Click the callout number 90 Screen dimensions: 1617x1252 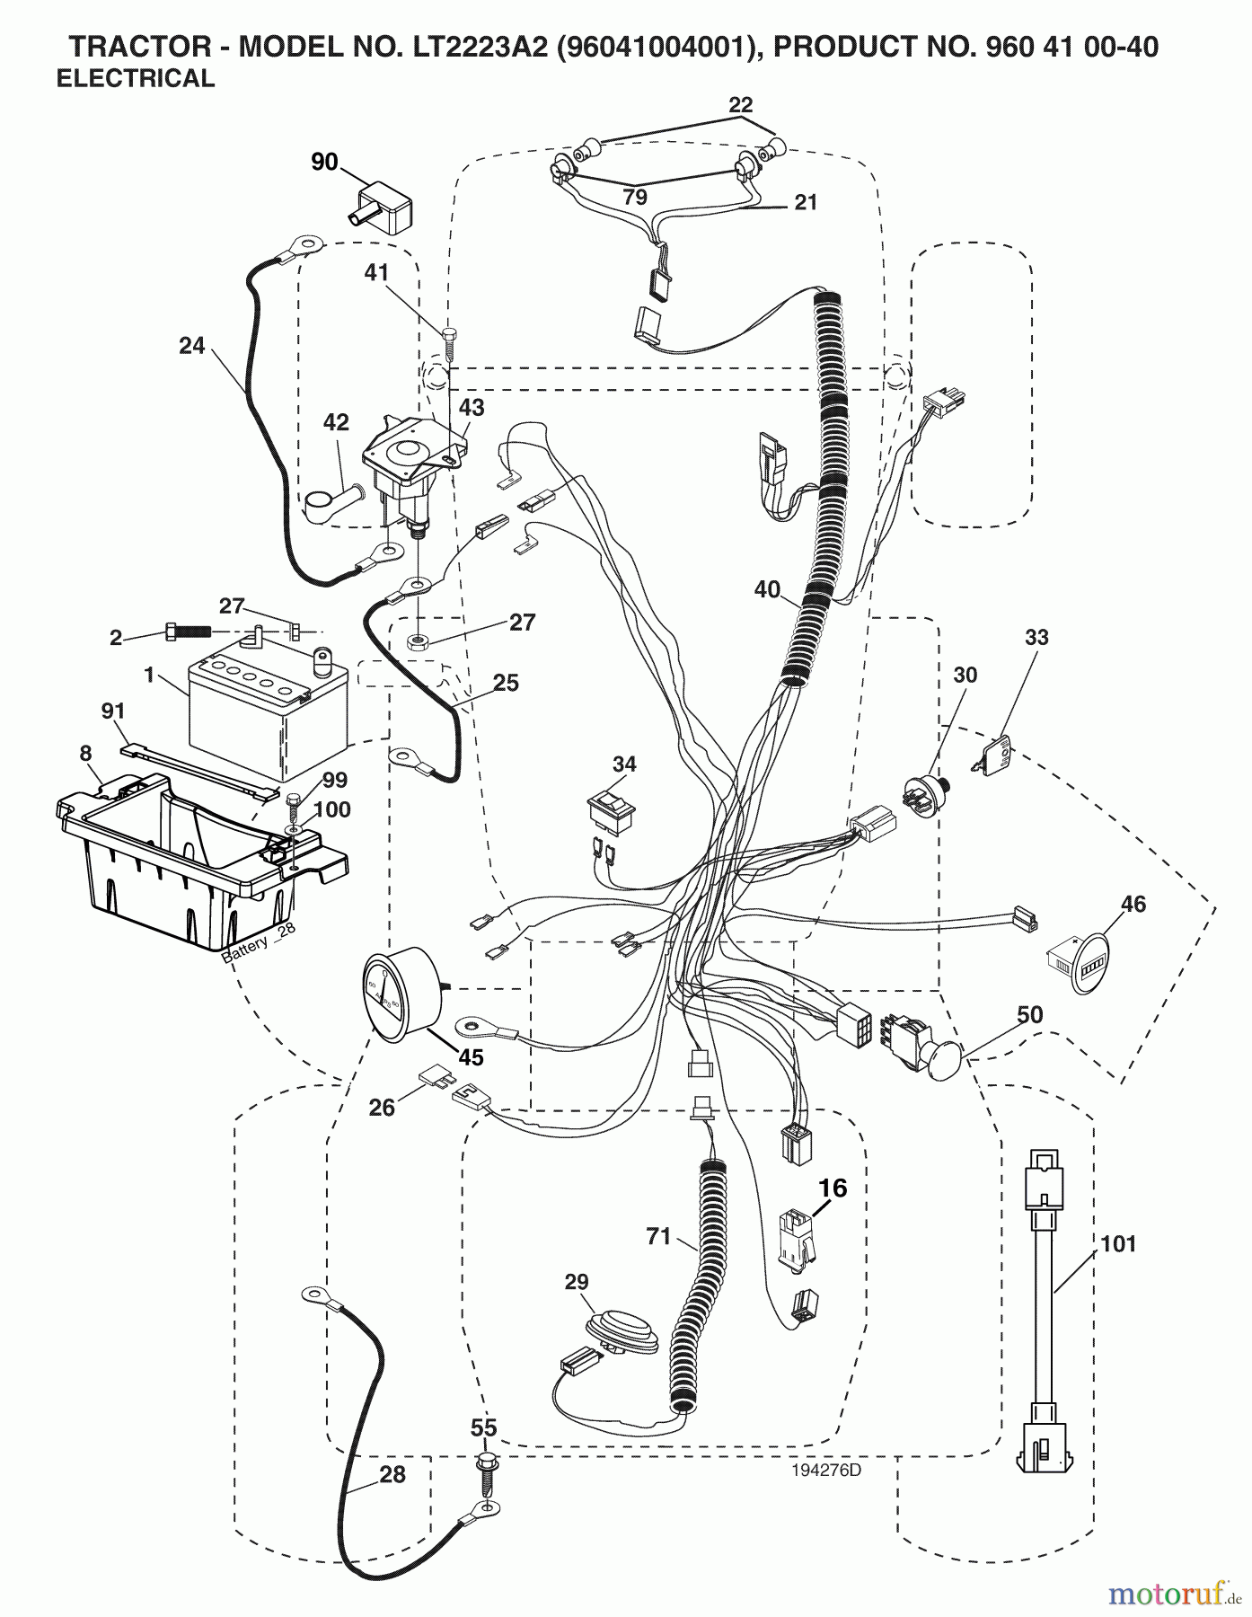[x=324, y=162]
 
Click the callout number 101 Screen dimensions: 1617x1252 [x=1117, y=1244]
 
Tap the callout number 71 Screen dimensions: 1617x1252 [x=658, y=1237]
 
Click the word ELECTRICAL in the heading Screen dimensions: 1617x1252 [x=136, y=79]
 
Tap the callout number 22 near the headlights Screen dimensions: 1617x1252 [x=740, y=104]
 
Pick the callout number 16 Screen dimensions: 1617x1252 [x=833, y=1188]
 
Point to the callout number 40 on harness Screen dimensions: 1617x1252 [x=767, y=589]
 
